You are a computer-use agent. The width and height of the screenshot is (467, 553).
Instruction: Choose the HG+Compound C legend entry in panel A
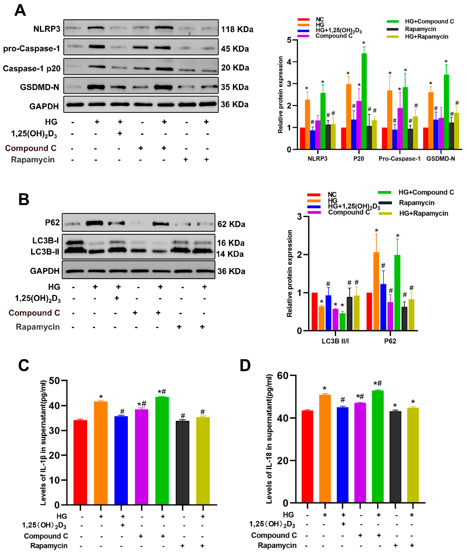pyautogui.click(x=429, y=21)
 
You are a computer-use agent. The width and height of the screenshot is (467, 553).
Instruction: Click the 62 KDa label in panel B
pyautogui.click(x=231, y=224)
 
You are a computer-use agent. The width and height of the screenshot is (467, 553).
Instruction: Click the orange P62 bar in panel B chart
pyautogui.click(x=376, y=291)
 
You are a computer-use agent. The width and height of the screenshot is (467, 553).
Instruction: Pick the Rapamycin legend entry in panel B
pyautogui.click(x=416, y=203)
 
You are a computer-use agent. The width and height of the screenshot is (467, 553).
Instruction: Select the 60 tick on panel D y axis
pyautogui.click(x=282, y=375)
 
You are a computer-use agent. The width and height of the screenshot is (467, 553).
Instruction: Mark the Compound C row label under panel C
pyautogui.click(x=46, y=536)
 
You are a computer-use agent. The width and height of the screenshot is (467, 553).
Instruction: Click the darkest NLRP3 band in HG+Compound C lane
pyautogui.click(x=164, y=28)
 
